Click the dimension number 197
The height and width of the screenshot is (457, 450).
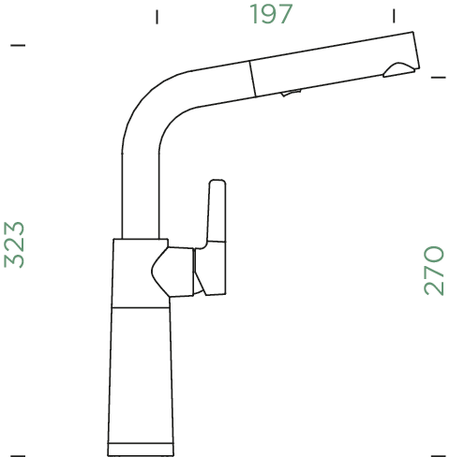point(271,15)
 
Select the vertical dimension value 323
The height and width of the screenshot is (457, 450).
point(15,244)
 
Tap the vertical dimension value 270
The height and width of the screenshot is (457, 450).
point(433,270)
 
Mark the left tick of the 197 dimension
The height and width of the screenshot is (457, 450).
point(157,16)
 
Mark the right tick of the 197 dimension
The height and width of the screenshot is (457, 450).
point(394,16)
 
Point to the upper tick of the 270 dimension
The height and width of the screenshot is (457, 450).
point(437,77)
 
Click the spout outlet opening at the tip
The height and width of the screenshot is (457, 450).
point(397,68)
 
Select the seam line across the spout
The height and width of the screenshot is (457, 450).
point(251,77)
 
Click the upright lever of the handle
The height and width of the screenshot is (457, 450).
point(215,211)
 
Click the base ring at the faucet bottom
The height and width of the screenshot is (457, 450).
point(142,444)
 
